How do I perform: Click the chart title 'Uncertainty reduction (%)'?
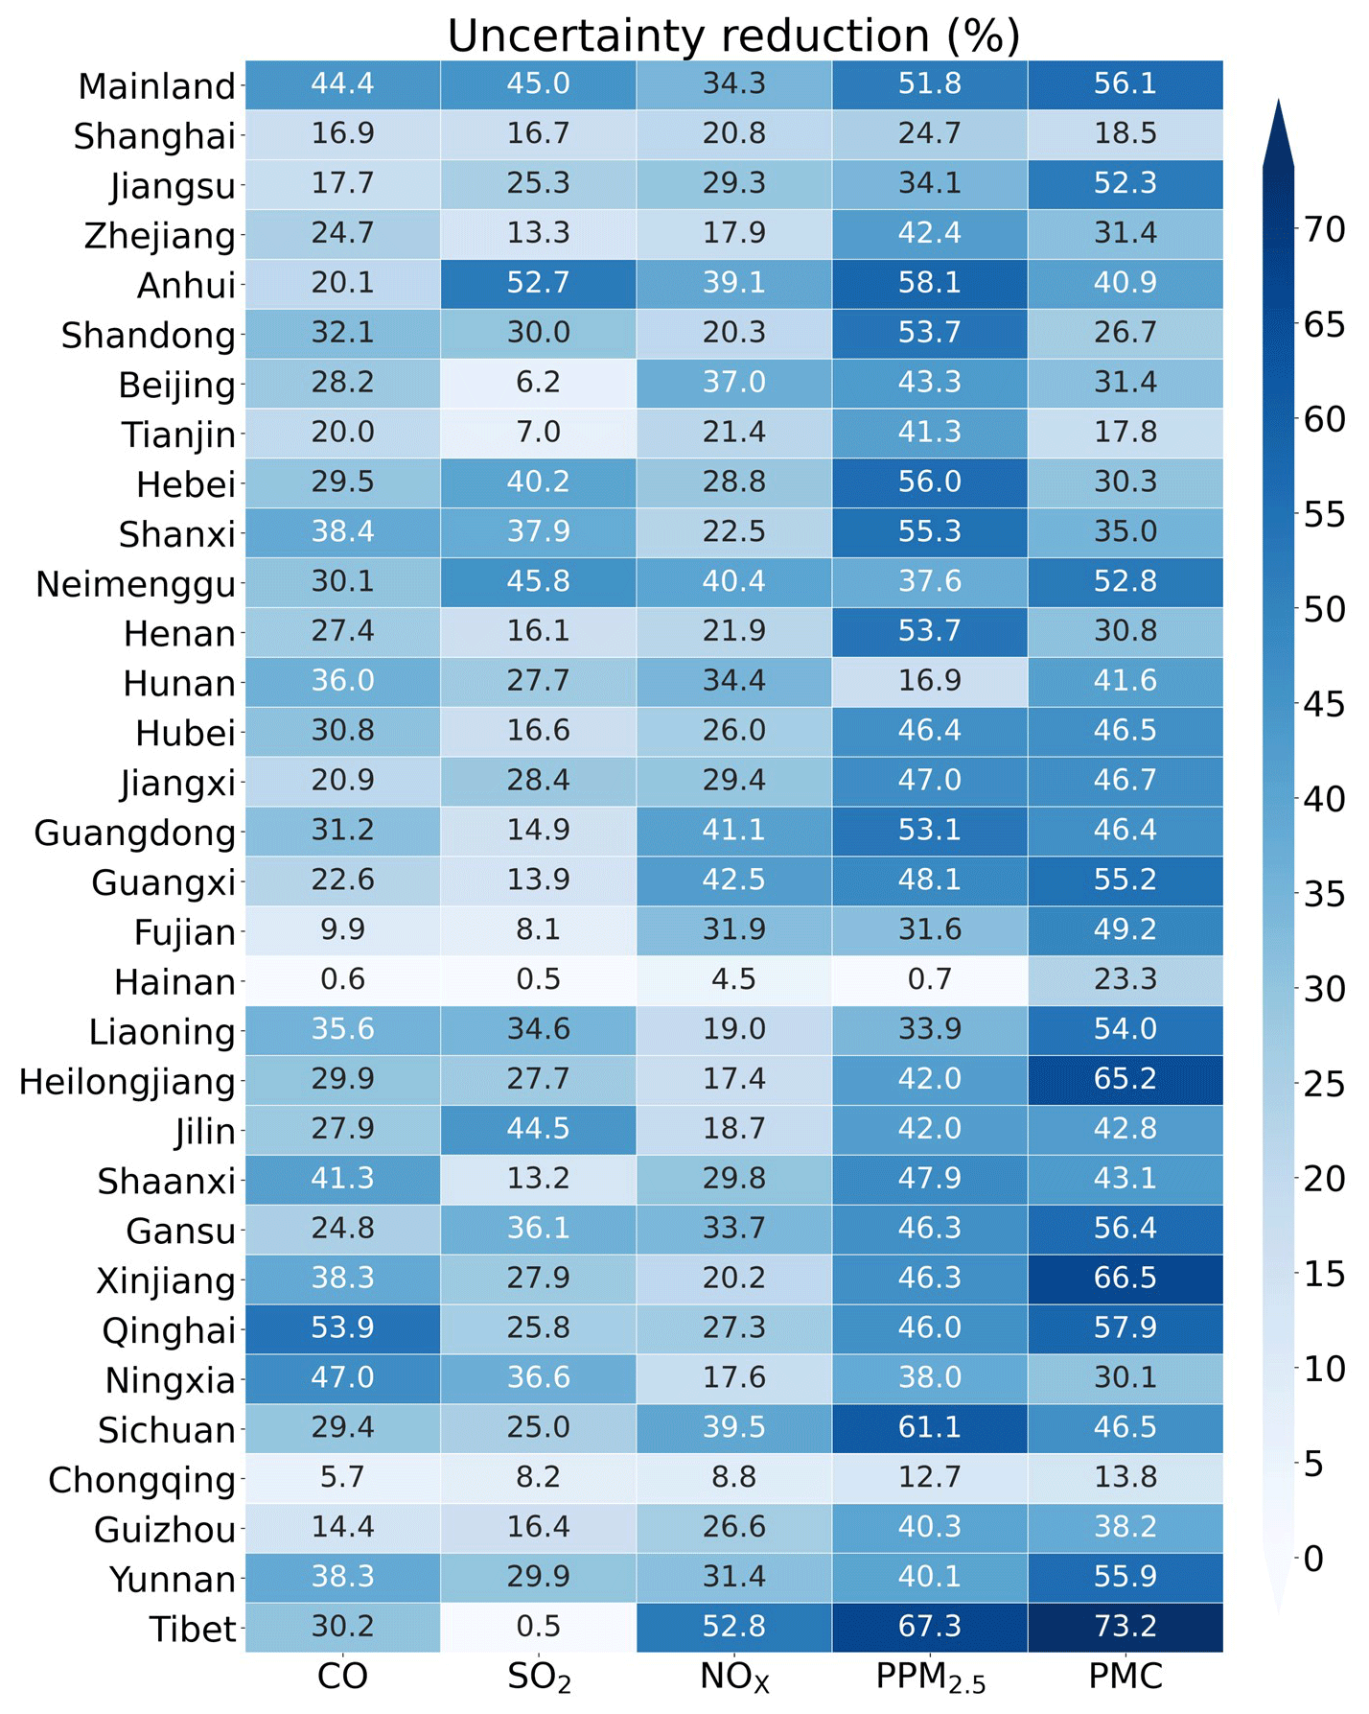tap(733, 35)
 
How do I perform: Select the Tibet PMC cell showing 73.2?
tap(1125, 1627)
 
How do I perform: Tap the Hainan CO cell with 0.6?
tap(342, 979)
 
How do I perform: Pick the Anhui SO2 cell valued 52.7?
tap(538, 283)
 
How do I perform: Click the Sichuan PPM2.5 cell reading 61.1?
tap(929, 1427)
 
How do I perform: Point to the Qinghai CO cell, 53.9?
tap(342, 1327)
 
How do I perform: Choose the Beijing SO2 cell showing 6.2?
tap(538, 383)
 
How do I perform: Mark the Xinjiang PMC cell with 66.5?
tap(1125, 1278)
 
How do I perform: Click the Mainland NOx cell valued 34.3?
tap(733, 83)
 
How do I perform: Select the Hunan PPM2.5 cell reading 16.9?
tap(929, 681)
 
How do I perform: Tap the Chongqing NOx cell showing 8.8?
tap(733, 1477)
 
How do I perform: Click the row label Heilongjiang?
tap(128, 1082)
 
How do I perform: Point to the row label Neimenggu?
tap(135, 584)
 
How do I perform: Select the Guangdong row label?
tap(134, 833)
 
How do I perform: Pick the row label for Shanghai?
tap(154, 136)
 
